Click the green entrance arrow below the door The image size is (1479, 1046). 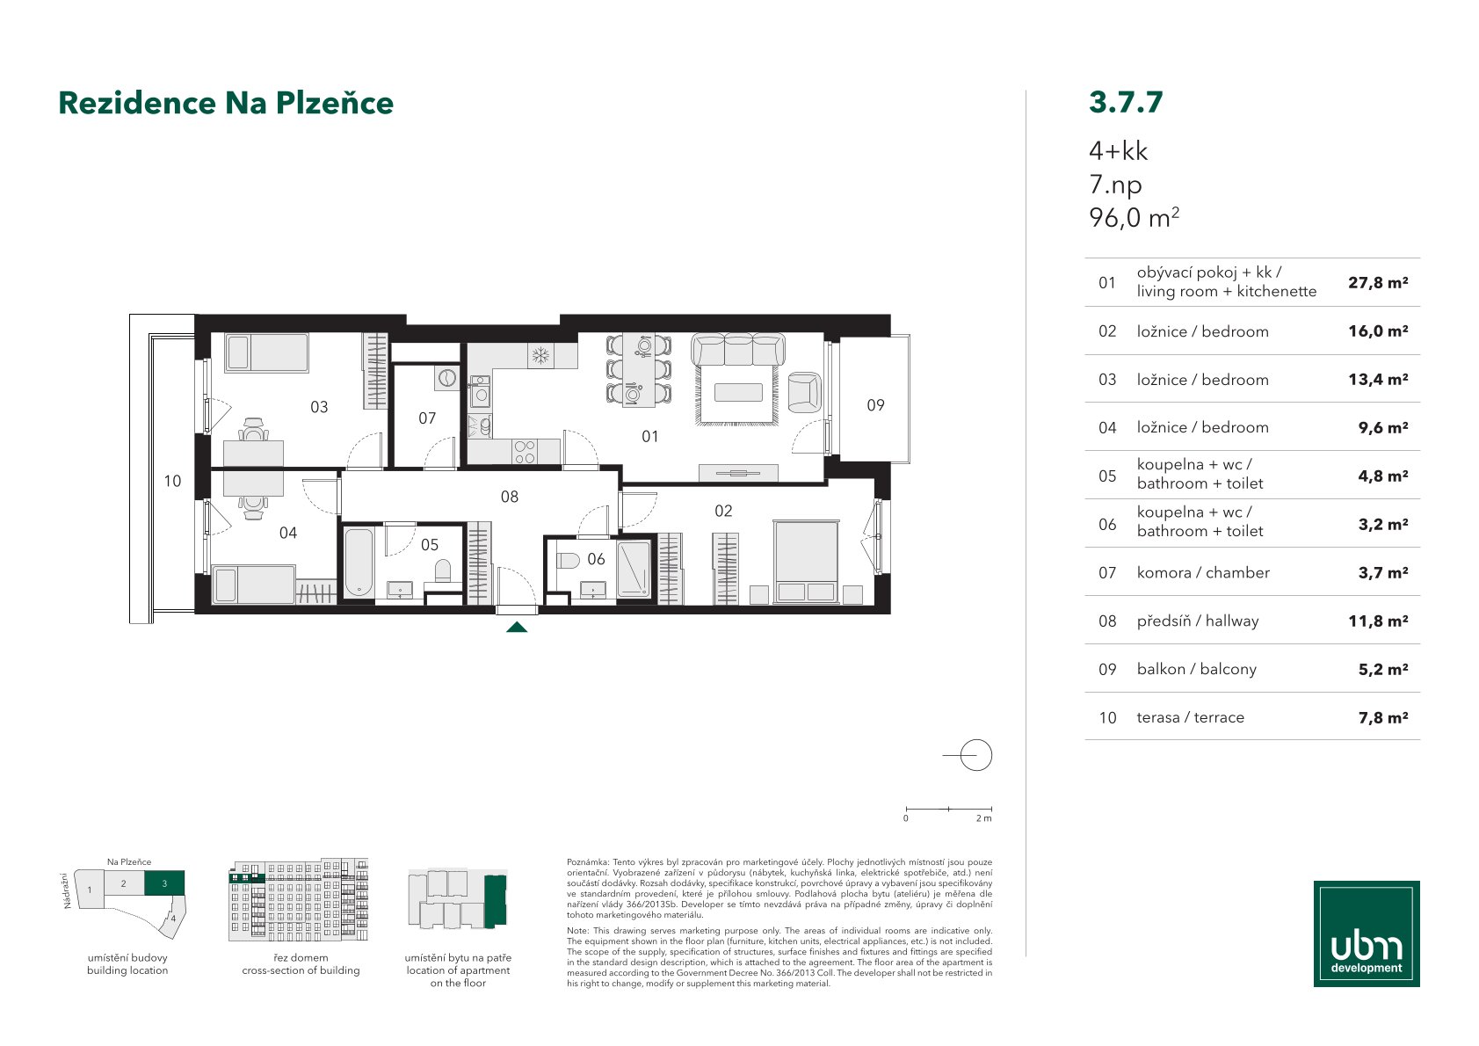(517, 627)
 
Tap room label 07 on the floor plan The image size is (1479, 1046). (427, 418)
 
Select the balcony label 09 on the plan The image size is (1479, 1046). (875, 405)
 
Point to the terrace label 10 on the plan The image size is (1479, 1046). (172, 481)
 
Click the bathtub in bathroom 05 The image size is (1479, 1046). (359, 562)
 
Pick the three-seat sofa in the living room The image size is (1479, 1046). (738, 350)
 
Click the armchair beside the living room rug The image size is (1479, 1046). (805, 392)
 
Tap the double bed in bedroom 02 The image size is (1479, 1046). (806, 562)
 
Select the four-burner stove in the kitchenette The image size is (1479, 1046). (525, 453)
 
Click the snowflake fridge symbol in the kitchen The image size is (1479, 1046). (540, 357)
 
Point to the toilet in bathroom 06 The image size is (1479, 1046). (568, 561)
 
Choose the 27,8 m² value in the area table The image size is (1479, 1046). (1378, 283)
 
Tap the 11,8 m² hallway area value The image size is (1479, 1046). (1378, 621)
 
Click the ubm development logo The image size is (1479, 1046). (1367, 933)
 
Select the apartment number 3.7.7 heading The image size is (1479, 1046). (1126, 102)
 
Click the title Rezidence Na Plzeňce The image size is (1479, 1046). (226, 103)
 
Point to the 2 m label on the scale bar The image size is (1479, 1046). (983, 818)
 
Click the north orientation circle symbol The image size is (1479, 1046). (975, 755)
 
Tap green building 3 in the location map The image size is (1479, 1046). (164, 883)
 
